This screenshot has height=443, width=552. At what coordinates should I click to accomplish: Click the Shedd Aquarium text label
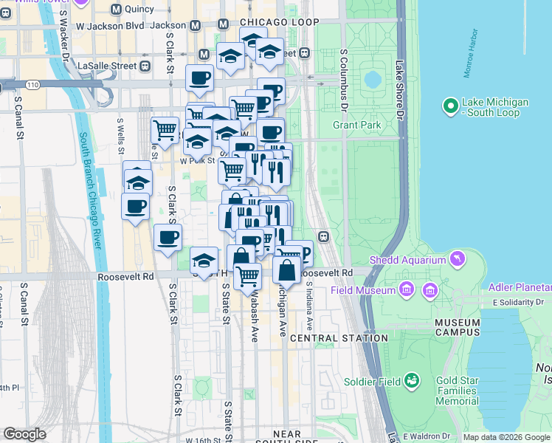(408, 260)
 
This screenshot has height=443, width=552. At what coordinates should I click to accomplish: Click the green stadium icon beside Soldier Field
(411, 381)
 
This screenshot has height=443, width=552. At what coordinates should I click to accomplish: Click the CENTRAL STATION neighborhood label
(339, 338)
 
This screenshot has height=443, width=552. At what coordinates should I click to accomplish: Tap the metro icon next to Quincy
(116, 10)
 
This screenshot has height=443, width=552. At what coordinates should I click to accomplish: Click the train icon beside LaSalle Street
(145, 66)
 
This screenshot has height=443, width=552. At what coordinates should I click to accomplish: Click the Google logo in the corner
(24, 434)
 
